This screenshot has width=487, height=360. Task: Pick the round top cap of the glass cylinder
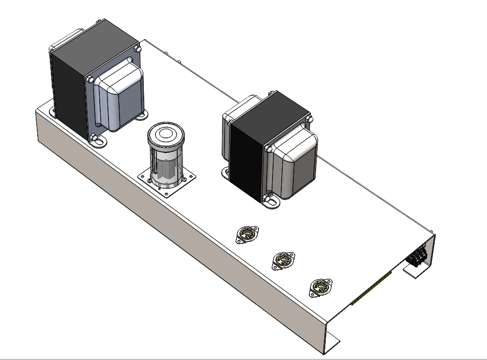click(167, 135)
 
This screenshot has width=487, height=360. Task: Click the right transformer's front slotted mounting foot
click(271, 202)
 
